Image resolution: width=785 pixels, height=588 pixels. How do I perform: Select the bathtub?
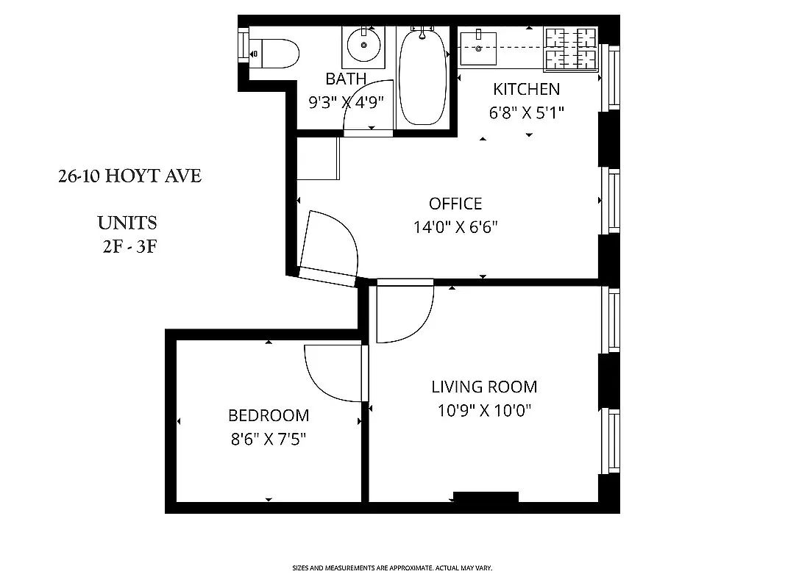(x=422, y=77)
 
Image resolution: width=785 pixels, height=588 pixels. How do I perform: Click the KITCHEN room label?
(x=526, y=90)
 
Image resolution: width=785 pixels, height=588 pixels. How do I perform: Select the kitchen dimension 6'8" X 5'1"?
(x=526, y=113)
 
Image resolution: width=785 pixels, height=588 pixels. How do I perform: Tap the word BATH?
(x=346, y=79)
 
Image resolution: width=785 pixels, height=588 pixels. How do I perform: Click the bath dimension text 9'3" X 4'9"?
(x=347, y=102)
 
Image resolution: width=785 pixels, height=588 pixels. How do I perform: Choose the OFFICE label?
(x=455, y=204)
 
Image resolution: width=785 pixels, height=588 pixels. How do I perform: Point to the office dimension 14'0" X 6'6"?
(x=455, y=227)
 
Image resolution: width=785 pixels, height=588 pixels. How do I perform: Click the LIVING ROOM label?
(x=484, y=387)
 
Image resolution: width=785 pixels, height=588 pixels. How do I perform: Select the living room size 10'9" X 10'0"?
(x=484, y=410)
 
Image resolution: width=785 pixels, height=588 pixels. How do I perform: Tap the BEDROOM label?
(x=269, y=416)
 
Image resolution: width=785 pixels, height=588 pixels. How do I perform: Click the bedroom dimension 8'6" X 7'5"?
(x=269, y=440)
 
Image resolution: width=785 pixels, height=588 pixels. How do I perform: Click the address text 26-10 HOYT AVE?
(x=129, y=176)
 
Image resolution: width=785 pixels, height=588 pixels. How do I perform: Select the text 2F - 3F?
(x=129, y=246)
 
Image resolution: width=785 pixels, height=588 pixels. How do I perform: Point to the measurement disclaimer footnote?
(x=392, y=568)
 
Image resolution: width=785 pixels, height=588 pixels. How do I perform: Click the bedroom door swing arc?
(x=324, y=375)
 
